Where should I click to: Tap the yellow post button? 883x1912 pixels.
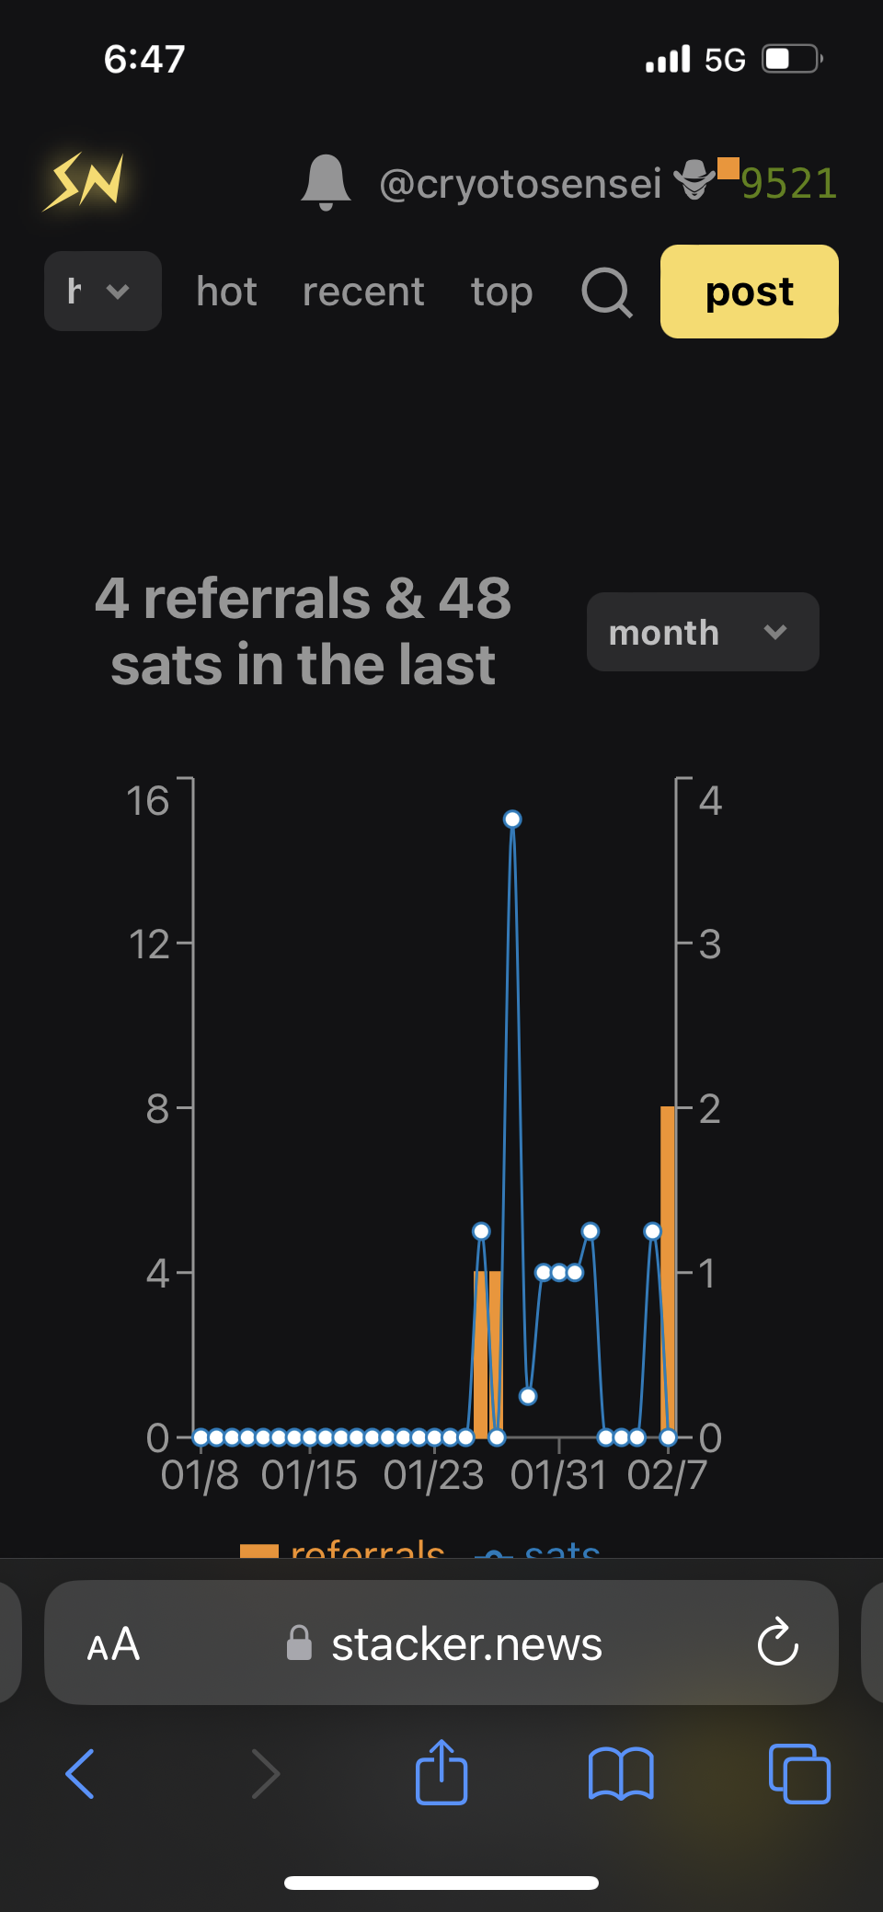[x=749, y=292]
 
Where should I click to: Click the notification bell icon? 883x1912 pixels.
[x=326, y=182]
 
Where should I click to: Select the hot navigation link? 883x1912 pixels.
[x=226, y=292]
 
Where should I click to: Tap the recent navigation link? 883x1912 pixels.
[x=363, y=292]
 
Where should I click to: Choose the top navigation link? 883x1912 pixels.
[x=501, y=292]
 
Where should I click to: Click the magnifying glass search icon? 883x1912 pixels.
[x=607, y=292]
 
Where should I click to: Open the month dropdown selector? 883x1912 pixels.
[x=703, y=632]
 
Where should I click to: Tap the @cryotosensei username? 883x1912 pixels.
[x=520, y=183]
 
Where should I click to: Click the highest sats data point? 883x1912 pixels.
[x=512, y=819]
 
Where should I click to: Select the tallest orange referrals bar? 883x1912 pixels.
[x=668, y=1269]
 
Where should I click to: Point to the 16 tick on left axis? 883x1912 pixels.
[x=148, y=800]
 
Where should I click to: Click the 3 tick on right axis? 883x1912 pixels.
[x=709, y=944]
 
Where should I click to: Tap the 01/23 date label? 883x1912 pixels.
[x=433, y=1475]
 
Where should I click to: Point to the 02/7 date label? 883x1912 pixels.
[x=667, y=1475]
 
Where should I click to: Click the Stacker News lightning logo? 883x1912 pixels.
[x=85, y=181]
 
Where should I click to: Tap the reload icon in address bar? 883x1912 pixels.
[x=777, y=1642]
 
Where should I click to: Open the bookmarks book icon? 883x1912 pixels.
[x=621, y=1772]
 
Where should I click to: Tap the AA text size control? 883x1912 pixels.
[x=113, y=1643]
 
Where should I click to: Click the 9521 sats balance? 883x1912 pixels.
[x=789, y=183]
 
